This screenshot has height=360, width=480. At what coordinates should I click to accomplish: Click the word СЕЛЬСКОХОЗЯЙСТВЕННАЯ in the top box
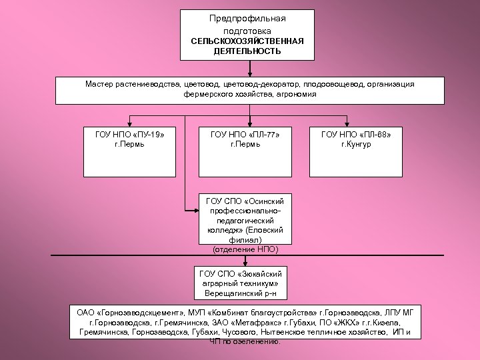(247, 41)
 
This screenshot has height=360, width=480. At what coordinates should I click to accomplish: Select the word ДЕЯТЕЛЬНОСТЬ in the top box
(247, 51)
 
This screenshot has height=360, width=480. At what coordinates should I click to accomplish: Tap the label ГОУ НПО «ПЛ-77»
(245, 135)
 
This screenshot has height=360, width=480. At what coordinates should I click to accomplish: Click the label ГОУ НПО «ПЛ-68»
(356, 135)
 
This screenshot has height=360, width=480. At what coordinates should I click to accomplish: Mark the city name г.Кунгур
(356, 144)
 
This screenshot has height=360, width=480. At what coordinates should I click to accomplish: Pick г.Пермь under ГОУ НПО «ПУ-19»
(130, 144)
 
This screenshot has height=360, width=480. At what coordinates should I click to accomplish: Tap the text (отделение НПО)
(245, 249)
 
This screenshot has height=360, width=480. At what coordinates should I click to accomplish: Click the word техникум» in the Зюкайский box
(258, 283)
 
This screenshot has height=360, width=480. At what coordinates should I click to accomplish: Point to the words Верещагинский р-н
(241, 293)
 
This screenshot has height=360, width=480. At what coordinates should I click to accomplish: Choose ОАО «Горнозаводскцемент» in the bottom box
(125, 312)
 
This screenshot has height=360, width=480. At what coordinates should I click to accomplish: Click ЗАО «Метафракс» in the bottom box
(235, 321)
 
